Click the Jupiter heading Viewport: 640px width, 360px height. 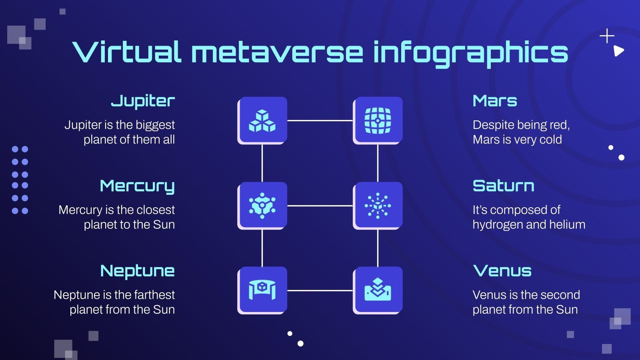coord(143,101)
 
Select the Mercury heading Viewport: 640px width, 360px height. coord(137,186)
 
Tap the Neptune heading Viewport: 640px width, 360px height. coord(137,271)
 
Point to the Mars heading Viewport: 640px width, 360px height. coord(495,101)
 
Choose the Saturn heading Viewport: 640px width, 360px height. coord(503,186)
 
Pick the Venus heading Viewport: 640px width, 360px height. coord(502,271)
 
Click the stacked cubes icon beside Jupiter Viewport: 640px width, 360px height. coord(262,120)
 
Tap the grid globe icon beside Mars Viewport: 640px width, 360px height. coord(378,120)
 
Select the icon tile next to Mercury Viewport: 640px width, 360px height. coord(262,206)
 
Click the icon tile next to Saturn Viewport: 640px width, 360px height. coord(378,206)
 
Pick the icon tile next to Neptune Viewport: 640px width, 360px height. coord(262,290)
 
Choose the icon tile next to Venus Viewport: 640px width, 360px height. coord(378,290)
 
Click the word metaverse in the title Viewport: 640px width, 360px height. coord(277,53)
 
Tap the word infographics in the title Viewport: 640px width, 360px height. coord(470,53)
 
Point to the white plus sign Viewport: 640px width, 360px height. coord(607,36)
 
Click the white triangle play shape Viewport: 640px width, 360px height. coord(618,51)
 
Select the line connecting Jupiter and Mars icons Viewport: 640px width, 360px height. coord(320,120)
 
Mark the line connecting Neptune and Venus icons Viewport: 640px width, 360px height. coord(320,290)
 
